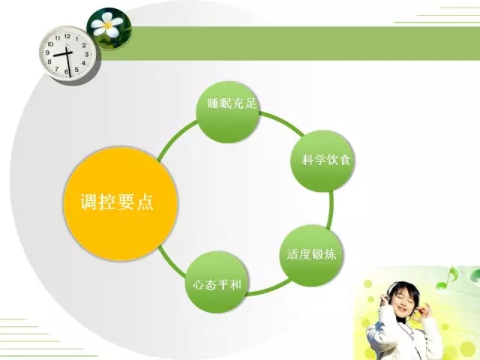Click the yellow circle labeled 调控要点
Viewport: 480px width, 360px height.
[120, 204]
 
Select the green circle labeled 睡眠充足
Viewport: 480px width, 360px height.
[228, 112]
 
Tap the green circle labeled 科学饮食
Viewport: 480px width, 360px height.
[322, 161]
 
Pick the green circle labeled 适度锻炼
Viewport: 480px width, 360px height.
[312, 256]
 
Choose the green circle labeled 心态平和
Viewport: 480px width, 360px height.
[217, 282]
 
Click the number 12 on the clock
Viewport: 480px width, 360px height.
[67, 36]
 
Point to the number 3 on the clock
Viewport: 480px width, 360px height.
[87, 54]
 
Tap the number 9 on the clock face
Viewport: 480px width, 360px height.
[47, 52]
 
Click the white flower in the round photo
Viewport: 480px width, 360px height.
[108, 25]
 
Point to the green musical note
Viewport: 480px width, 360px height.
[447, 278]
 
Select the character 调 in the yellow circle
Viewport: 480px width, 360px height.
[89, 202]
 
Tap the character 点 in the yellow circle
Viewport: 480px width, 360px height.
[145, 202]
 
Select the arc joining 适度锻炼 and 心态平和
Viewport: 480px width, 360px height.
[268, 288]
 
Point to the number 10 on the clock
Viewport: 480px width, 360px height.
[50, 44]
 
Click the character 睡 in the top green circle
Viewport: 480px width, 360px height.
[213, 103]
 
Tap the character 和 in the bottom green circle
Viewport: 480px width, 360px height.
[236, 285]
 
